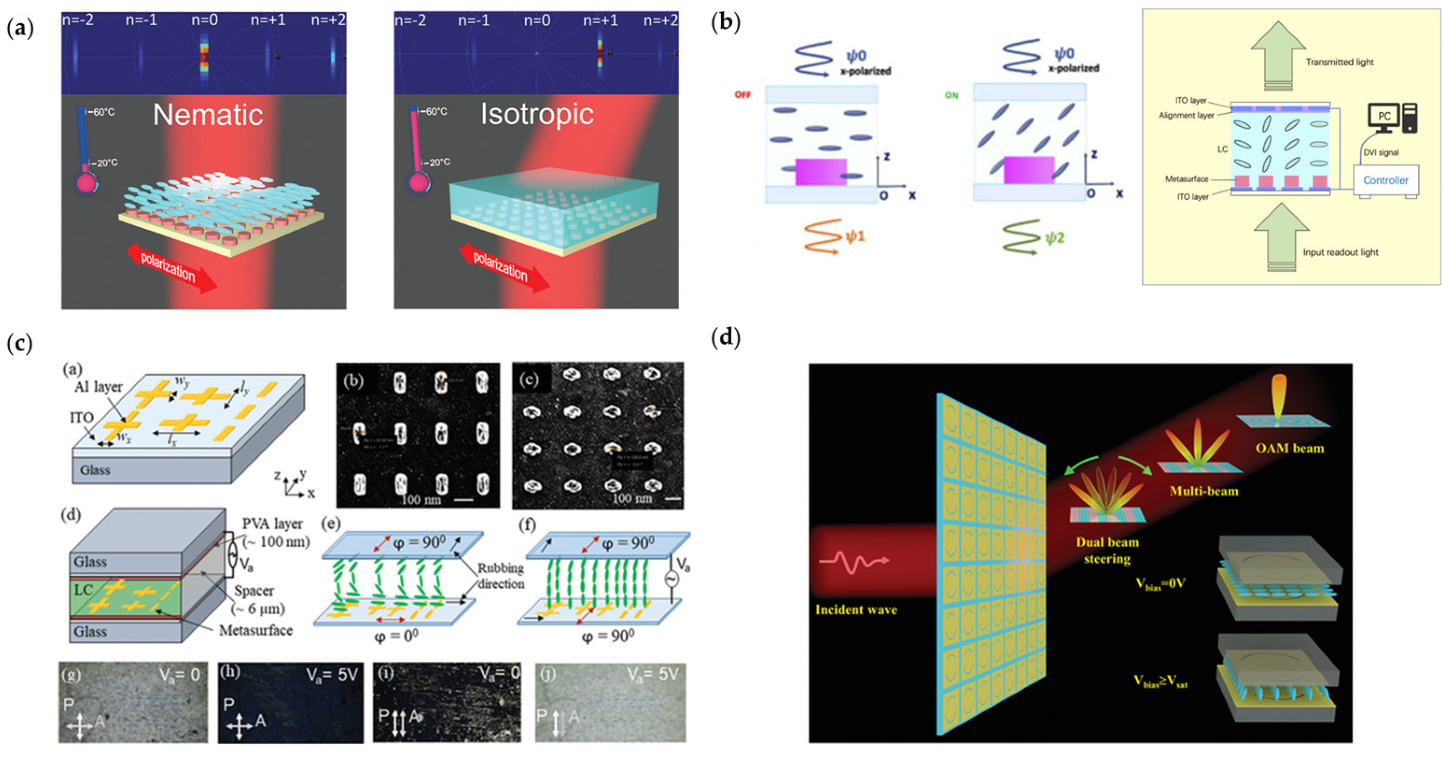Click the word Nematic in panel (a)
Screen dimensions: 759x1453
click(208, 115)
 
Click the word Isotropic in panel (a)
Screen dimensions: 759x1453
click(537, 114)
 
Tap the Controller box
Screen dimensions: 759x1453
click(1385, 181)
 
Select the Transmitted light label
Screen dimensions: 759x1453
click(1340, 62)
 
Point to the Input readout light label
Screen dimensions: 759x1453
click(1340, 252)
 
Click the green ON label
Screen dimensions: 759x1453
click(952, 95)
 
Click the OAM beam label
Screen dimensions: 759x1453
click(1289, 448)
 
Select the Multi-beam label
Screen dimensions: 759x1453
click(1204, 491)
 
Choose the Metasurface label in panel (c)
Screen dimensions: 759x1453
click(256, 630)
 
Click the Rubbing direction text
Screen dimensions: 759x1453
click(501, 576)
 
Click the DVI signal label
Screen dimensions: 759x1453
click(1381, 152)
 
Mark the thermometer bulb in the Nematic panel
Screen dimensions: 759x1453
click(86, 184)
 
